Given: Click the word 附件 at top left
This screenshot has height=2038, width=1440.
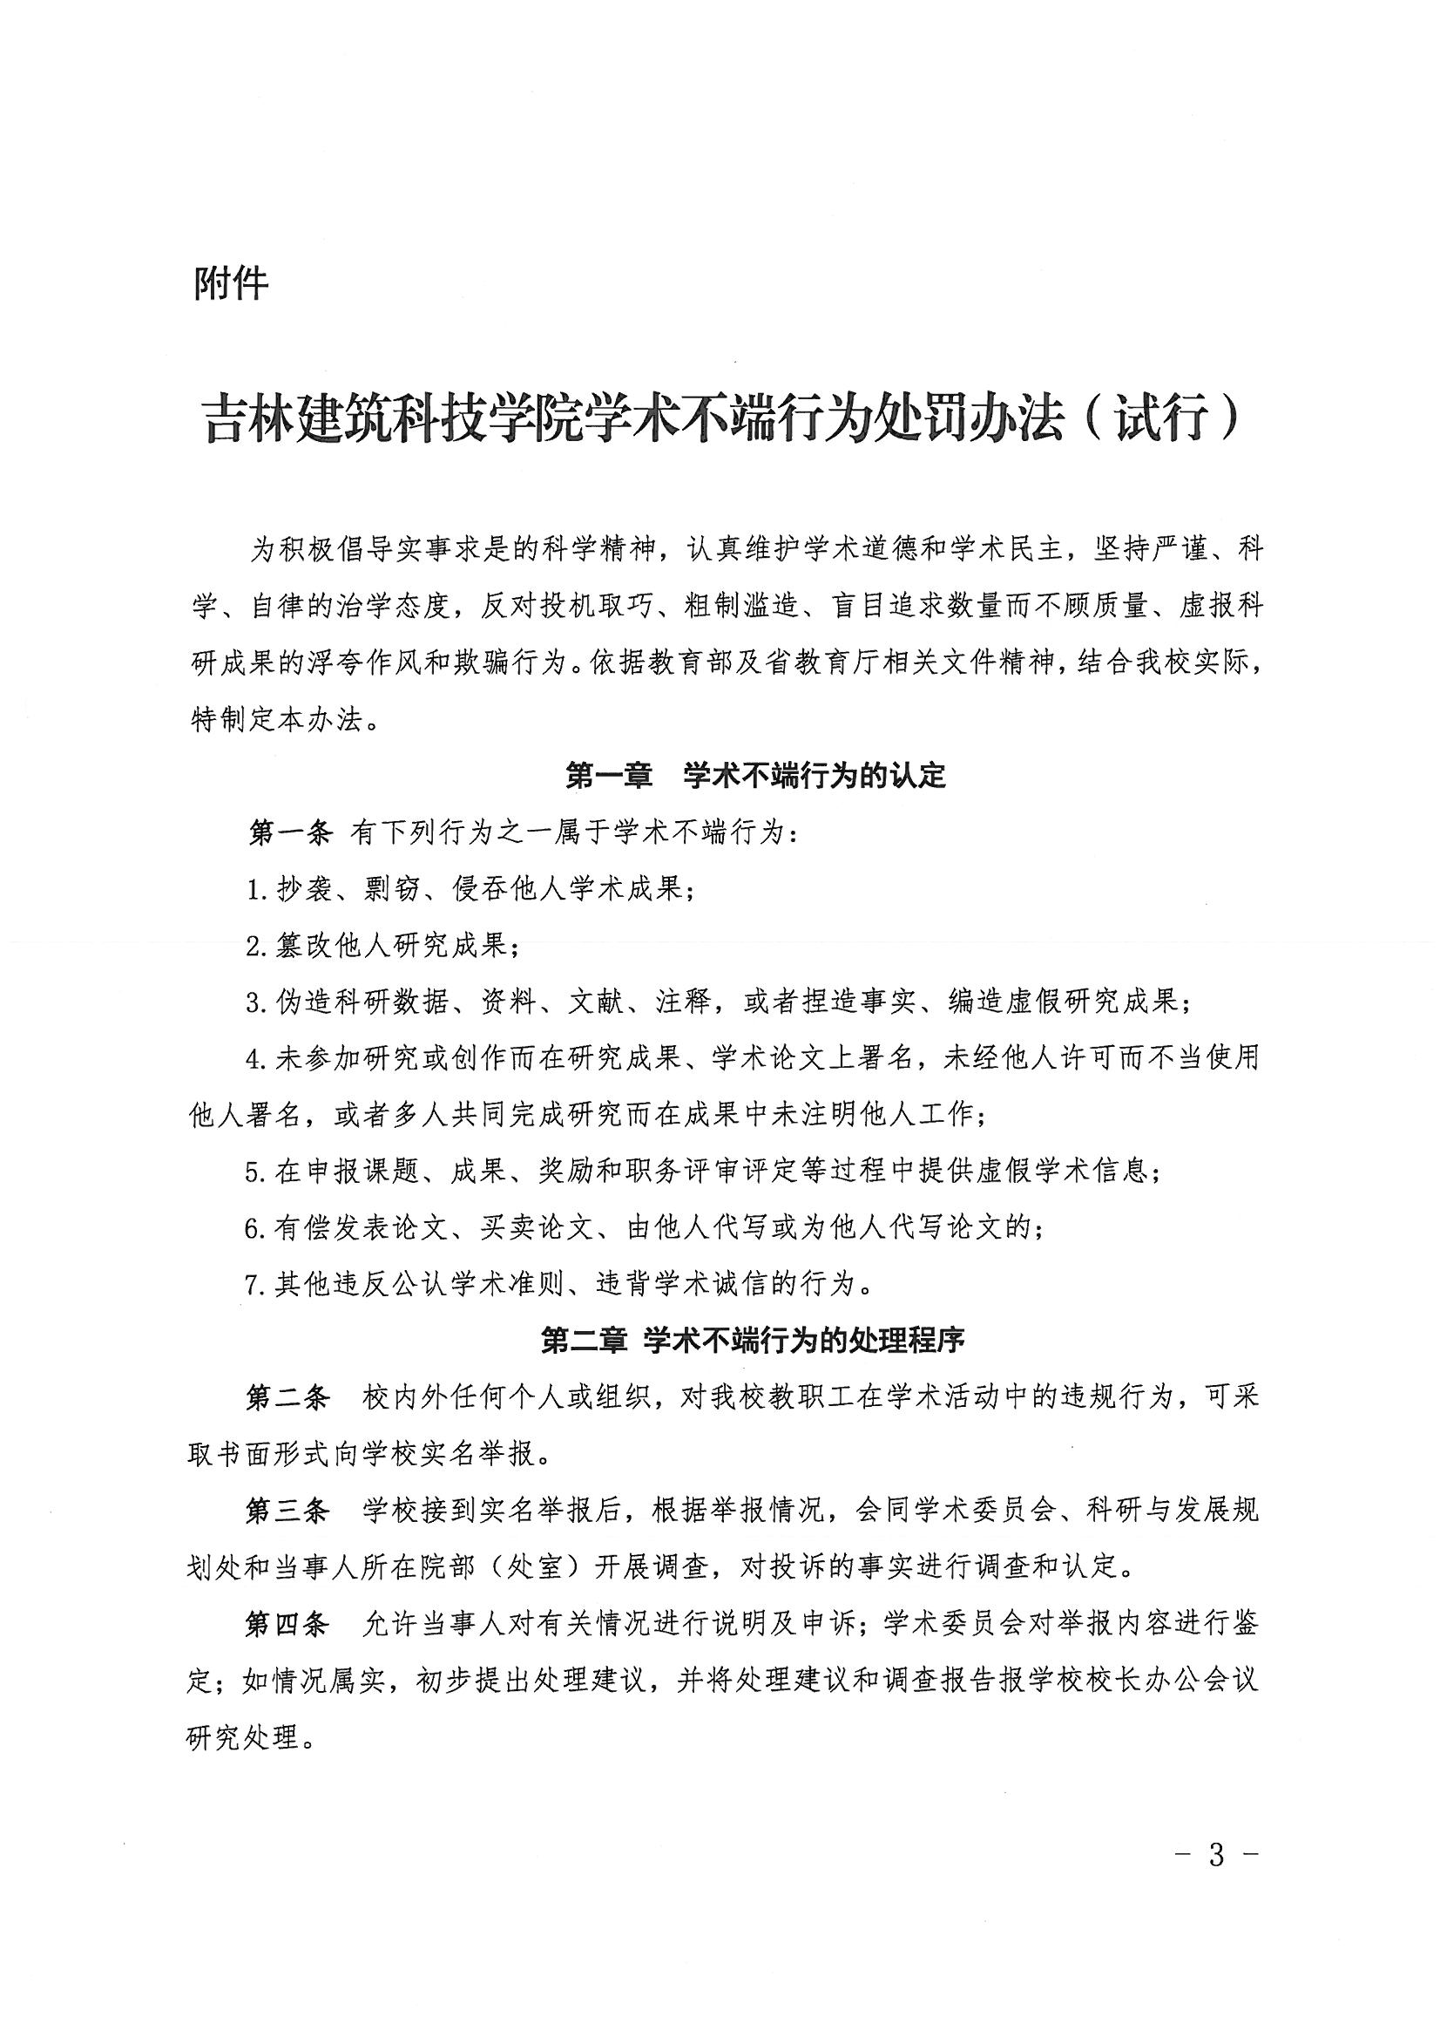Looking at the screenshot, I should click(231, 284).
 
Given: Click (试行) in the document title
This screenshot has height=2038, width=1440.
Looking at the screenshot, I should click(1161, 419).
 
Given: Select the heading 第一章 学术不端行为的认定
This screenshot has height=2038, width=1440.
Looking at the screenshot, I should click(755, 777).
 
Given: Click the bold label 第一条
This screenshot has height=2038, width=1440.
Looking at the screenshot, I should click(289, 832).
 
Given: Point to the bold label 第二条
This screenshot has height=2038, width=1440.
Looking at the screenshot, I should click(288, 1398).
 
